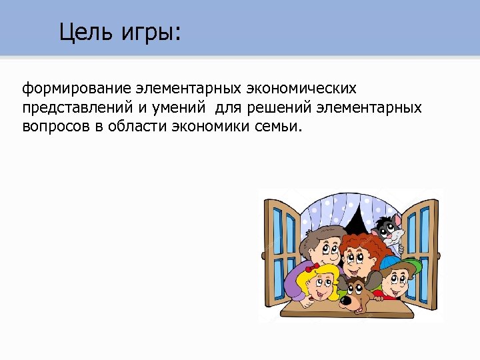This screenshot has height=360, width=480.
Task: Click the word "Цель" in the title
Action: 82,31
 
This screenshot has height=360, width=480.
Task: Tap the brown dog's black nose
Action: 347,302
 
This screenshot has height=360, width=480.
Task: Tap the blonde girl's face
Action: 321,287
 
